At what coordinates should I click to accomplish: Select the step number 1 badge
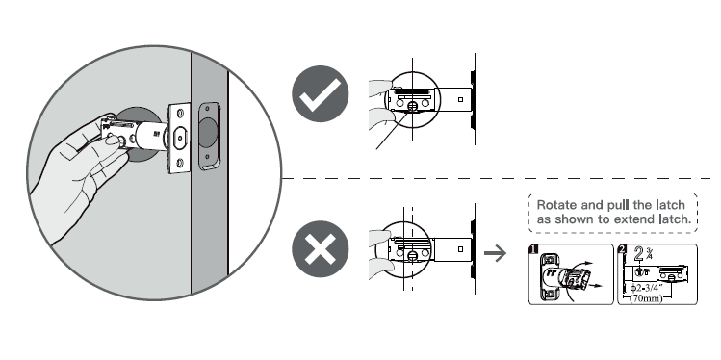[534, 252]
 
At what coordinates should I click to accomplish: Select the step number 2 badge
[624, 252]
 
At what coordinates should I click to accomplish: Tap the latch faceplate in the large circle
[177, 140]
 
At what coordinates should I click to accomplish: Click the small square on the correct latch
[460, 98]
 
